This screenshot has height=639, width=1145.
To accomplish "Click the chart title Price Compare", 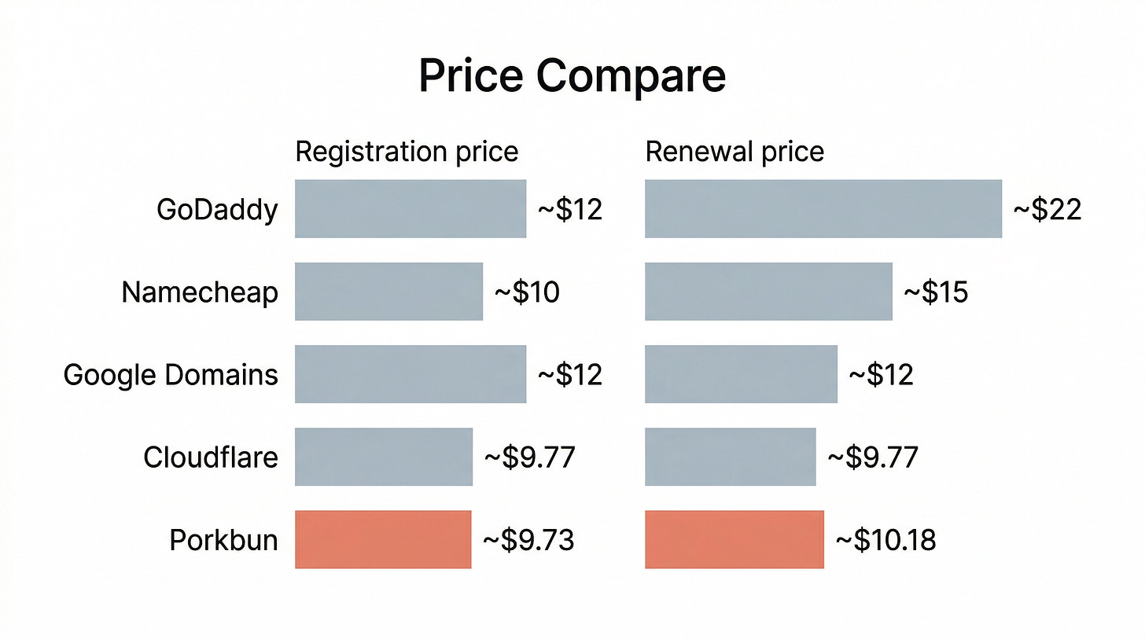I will pyautogui.click(x=572, y=75).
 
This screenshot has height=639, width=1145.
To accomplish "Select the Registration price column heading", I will pyautogui.click(x=407, y=152).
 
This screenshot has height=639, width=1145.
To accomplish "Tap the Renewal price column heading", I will pyautogui.click(x=734, y=152).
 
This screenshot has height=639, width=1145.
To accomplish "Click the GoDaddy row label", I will pyautogui.click(x=217, y=210).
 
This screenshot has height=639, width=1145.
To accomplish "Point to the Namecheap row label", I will pyautogui.click(x=200, y=292).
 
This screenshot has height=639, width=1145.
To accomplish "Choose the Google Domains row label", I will pyautogui.click(x=171, y=374).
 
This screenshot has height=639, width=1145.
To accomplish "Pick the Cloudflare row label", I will pyautogui.click(x=211, y=457).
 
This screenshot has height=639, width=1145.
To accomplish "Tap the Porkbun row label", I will pyautogui.click(x=223, y=540).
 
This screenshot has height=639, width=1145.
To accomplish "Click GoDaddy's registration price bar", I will pyautogui.click(x=411, y=208).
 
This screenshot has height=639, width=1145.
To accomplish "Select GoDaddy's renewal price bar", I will pyautogui.click(x=823, y=208).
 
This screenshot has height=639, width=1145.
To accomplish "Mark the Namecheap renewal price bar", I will pyautogui.click(x=768, y=292).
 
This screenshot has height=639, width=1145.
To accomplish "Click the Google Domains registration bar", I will pyautogui.click(x=411, y=374).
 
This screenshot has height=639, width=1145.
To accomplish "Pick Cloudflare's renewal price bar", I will pyautogui.click(x=730, y=457).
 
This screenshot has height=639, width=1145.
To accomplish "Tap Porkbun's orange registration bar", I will pyautogui.click(x=383, y=539).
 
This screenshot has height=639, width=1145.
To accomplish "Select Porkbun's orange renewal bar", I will pyautogui.click(x=734, y=539).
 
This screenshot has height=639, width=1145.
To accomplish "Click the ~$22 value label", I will pyautogui.click(x=1047, y=210).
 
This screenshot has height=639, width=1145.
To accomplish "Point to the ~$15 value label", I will pyautogui.click(x=936, y=292).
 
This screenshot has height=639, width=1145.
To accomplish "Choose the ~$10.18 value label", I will pyautogui.click(x=885, y=540).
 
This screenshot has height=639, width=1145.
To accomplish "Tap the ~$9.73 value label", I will pyautogui.click(x=528, y=540).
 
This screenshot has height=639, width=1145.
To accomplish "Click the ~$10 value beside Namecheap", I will pyautogui.click(x=526, y=292).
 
